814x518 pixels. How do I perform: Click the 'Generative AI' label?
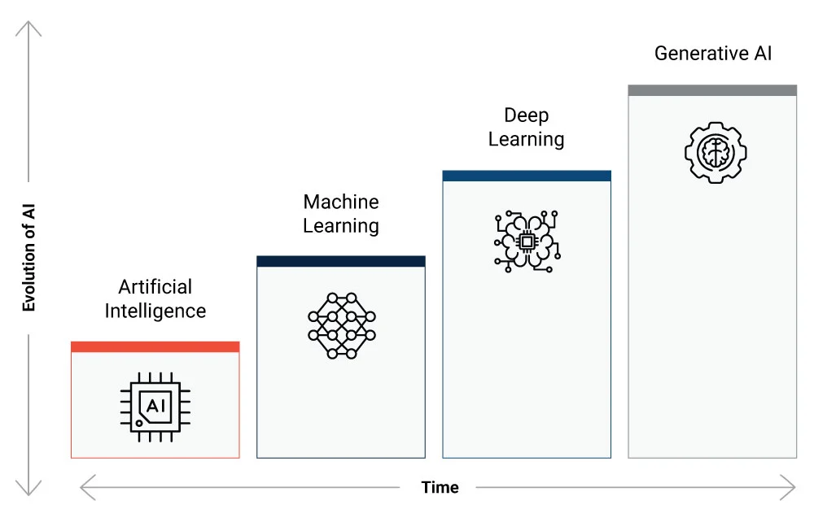713,54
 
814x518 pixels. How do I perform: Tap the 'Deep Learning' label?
526,128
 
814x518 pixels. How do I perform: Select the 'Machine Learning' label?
341,213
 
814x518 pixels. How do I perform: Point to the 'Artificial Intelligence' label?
155,298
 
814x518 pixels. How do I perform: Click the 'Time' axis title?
440,488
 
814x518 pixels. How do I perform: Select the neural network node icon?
341,324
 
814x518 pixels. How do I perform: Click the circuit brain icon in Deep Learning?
527,240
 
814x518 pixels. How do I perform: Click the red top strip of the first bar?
155,346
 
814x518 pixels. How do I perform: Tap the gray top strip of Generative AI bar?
712,90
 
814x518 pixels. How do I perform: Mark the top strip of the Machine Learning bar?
341,261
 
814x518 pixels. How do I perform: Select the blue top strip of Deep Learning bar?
527,176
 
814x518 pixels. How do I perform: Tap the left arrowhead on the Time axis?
85,488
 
